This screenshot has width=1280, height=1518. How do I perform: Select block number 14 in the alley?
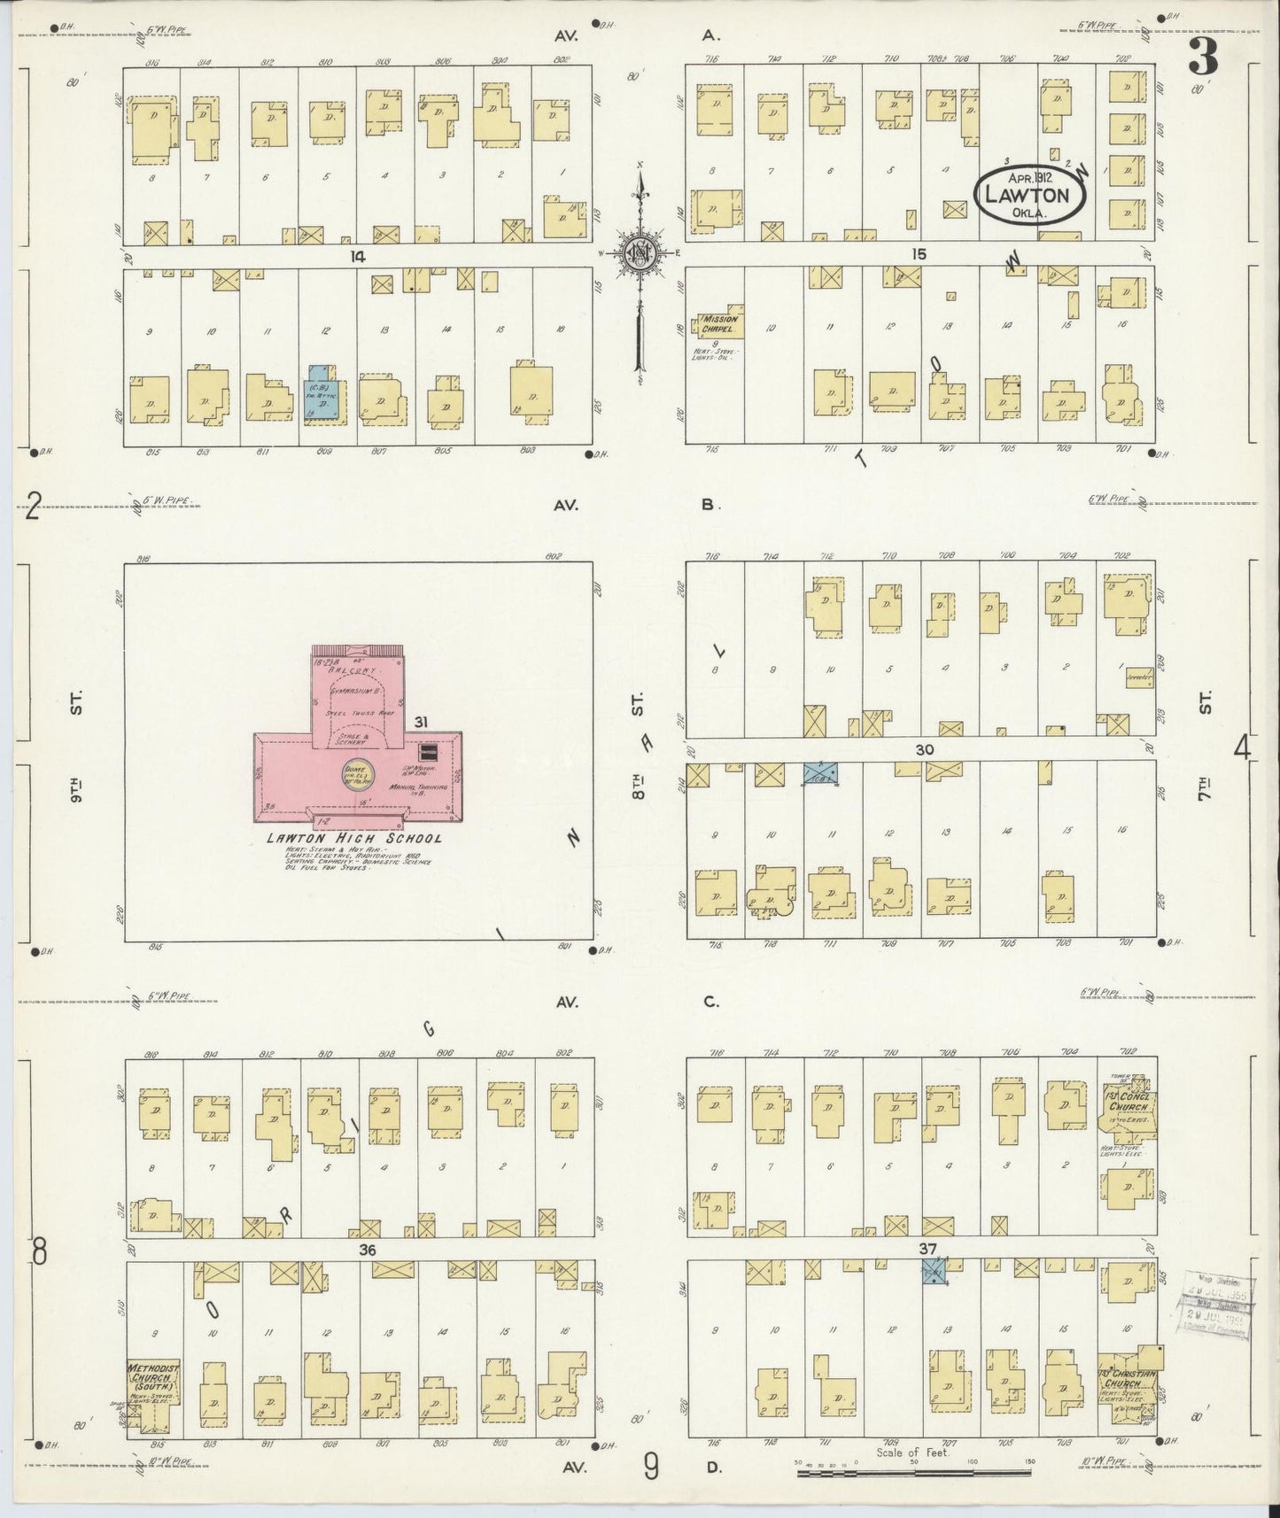pos(358,255)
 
